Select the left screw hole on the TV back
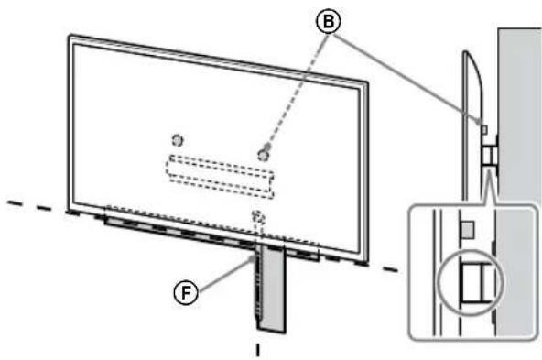(x=179, y=139)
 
